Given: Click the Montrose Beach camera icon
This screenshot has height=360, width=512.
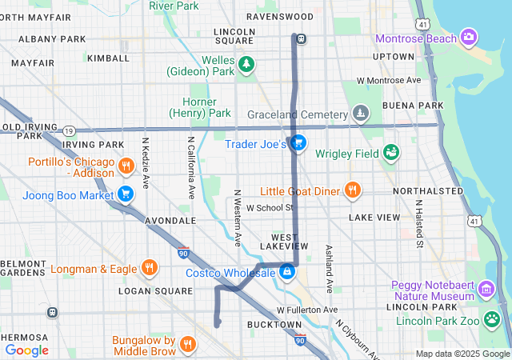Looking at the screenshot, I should coord(469,37).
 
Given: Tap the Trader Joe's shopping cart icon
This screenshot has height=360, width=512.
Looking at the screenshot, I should coord(298,144).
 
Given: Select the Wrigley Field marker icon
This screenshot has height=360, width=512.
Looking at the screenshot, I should coord(391,152).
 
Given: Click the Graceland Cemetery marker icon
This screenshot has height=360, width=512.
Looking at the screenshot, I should coord(362,113).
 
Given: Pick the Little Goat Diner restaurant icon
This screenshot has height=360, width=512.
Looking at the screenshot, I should coord(351,190).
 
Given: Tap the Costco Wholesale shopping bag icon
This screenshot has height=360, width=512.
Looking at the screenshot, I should coord(286,273).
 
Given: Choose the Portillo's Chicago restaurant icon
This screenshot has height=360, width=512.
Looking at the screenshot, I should coord(126,166).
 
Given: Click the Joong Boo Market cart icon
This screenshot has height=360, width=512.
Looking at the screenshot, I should coord(126,193).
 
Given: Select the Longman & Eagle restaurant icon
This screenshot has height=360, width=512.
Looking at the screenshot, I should coord(149,268).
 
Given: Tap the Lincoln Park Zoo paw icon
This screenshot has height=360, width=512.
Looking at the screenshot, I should coord(492,321).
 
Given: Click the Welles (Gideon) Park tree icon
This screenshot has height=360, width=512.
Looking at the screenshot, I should coord(247,63).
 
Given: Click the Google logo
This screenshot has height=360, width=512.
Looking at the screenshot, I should coord(27,350).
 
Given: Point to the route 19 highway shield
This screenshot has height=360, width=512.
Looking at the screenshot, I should coord(70,130).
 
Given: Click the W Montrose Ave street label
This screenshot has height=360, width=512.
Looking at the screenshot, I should coord(389,81).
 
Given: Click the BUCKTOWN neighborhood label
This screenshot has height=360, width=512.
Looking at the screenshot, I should coord(274,324).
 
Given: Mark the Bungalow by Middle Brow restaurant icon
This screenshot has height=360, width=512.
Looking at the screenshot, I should coord(187,344).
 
